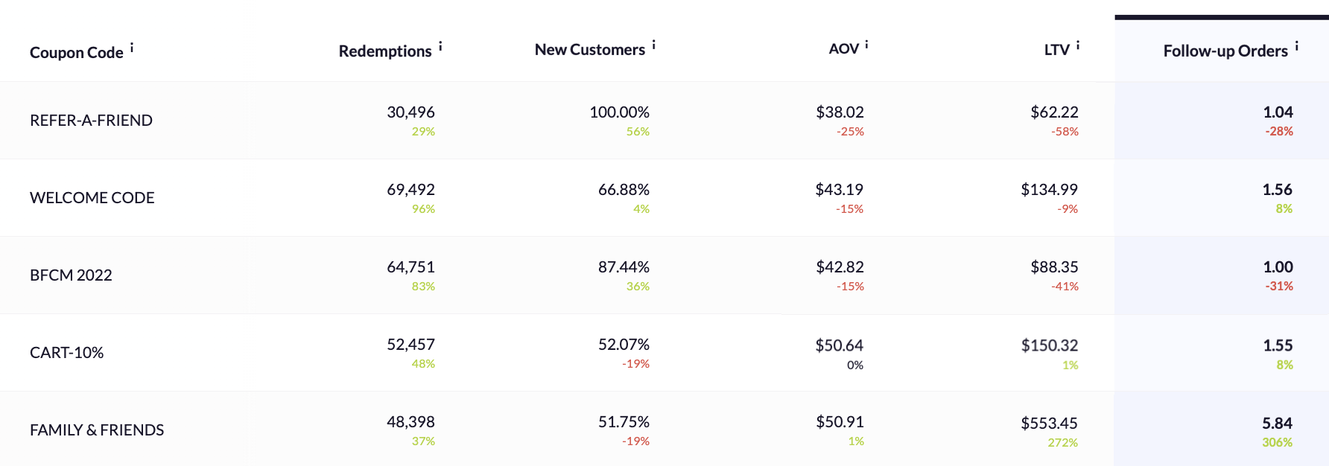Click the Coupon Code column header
point(76,53)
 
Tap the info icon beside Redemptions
point(440,47)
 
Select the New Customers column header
point(589,50)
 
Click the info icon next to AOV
point(866,45)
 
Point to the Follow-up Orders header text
point(1225,51)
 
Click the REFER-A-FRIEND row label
point(91,121)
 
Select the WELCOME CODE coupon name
point(92,198)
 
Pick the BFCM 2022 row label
point(71,275)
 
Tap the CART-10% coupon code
point(66,353)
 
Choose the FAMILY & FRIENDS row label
point(97,430)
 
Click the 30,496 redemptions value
point(410,112)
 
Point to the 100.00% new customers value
point(619,112)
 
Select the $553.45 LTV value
point(1049,424)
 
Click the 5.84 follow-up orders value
point(1277,424)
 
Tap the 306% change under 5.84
point(1277,442)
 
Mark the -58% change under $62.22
point(1065,132)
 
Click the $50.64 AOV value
point(839,346)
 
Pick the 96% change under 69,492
point(423,209)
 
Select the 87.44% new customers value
point(624,267)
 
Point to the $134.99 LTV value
point(1049,190)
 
